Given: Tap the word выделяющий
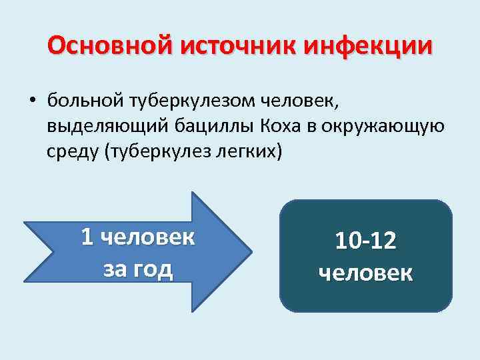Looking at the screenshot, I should pos(97,126).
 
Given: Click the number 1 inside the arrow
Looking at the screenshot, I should pos(87,237).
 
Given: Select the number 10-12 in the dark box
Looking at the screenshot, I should pos(365,241).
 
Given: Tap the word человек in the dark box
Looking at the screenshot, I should pos(365,273).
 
